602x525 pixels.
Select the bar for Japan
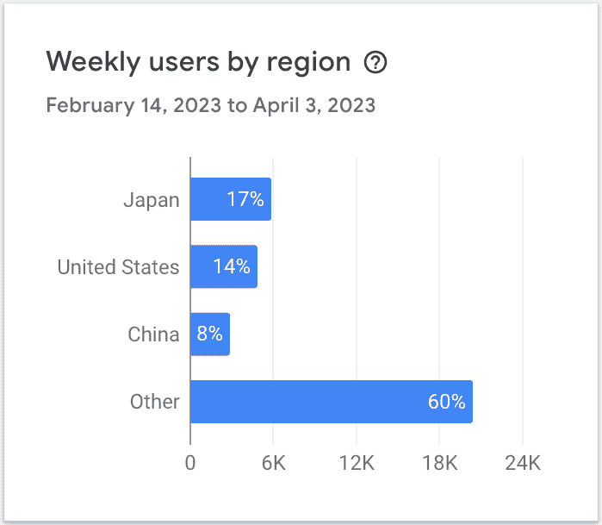230,199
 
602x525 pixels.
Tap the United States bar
223,266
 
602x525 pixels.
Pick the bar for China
209,334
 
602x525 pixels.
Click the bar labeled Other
331,402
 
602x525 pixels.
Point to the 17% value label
245,200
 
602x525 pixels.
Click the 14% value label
232,266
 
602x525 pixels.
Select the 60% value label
446,402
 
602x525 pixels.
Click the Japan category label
152,200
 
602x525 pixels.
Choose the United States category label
119,267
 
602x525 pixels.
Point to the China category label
153,334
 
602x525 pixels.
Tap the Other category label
155,402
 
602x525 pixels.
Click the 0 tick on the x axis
190,463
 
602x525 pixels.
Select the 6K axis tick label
273,463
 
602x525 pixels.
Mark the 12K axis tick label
356,463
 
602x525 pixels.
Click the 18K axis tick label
439,463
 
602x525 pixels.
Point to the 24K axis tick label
522,463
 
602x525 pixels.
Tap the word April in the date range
275,106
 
